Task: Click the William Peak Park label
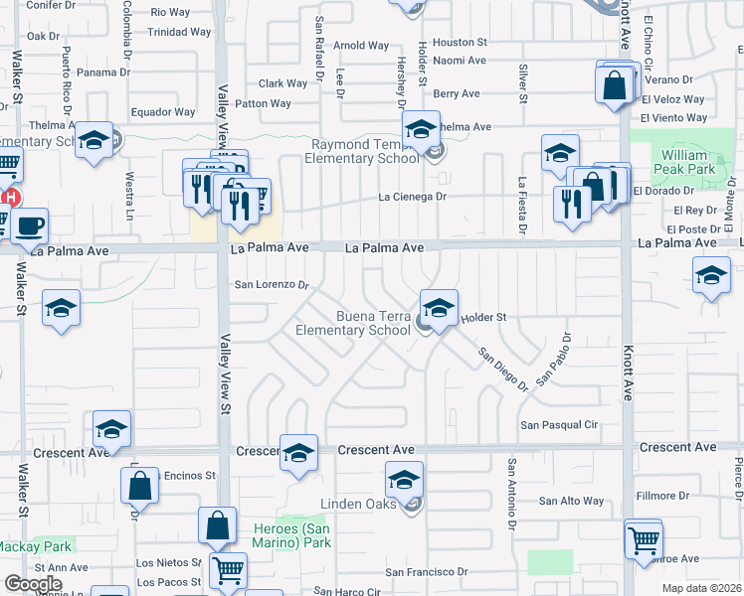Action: click(x=686, y=162)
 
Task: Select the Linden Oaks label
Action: click(x=357, y=505)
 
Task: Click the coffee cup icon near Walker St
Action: click(x=29, y=225)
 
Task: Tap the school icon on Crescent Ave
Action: click(x=298, y=453)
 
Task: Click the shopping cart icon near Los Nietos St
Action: click(x=229, y=571)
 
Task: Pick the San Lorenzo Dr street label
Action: click(x=272, y=284)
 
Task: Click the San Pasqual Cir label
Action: click(x=559, y=425)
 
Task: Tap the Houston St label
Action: click(x=460, y=43)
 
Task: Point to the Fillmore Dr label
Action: click(x=662, y=496)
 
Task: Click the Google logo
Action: click(x=34, y=584)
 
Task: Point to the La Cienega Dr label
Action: click(x=413, y=197)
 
